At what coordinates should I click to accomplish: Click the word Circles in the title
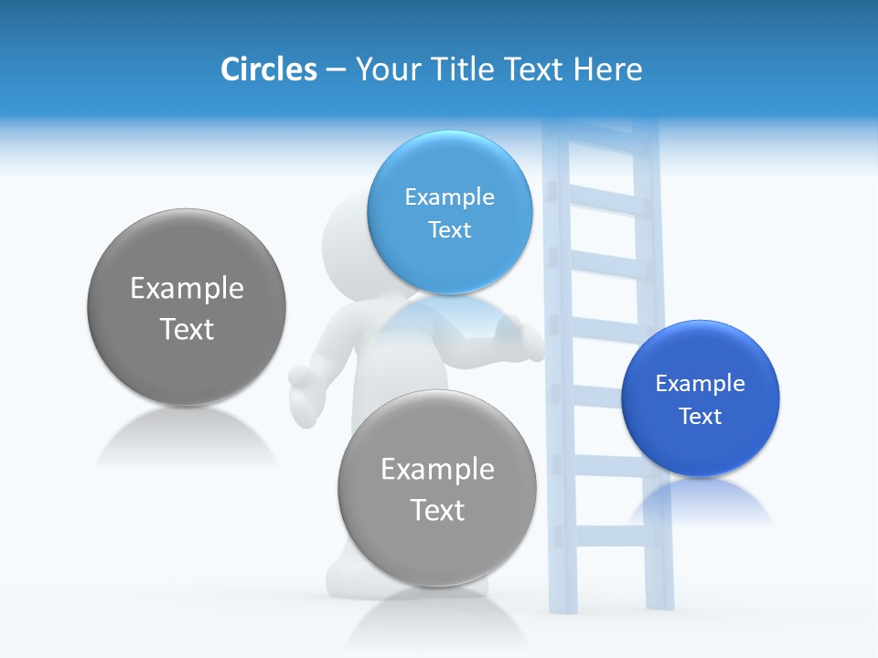point(268,69)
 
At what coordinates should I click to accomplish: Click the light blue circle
point(450,212)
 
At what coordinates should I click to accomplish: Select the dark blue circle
point(701,398)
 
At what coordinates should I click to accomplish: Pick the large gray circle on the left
point(187,307)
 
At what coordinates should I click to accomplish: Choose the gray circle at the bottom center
point(437,488)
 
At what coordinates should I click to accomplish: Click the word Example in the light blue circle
point(450,196)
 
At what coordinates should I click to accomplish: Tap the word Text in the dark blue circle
point(701,417)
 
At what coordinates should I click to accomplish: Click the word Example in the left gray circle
point(187,289)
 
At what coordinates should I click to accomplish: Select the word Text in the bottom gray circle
point(437,510)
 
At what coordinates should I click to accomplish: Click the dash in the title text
point(336,70)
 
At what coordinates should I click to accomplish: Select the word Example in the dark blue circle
point(701,384)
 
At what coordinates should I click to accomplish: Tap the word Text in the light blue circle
point(450,229)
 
